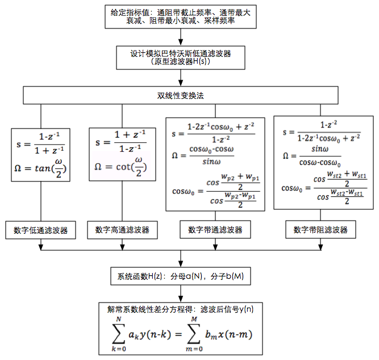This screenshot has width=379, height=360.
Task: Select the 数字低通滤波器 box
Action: coord(41,230)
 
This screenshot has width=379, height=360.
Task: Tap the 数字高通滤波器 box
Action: coord(122,230)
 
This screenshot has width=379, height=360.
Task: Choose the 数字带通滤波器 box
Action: coord(215,230)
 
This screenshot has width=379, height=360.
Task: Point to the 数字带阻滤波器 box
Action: coord(320,230)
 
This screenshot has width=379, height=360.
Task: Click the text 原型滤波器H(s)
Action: coord(180,62)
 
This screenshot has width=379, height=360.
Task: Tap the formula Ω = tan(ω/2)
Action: coord(41,168)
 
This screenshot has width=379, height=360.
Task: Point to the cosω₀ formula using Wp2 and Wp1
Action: coord(215,191)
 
